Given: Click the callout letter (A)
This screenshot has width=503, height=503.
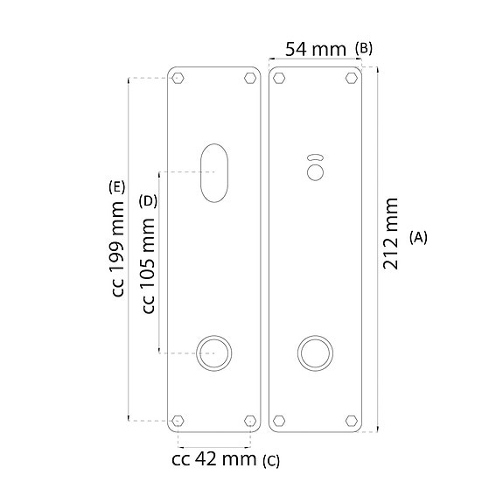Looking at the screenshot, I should point(418,237).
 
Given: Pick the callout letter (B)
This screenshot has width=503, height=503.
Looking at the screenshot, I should point(364,48).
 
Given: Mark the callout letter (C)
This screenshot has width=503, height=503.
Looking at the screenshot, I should point(271,459).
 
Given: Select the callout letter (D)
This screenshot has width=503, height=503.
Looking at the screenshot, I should point(148,200).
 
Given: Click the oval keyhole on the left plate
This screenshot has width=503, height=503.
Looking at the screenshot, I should point(213,171).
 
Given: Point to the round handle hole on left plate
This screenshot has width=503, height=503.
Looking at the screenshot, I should point(213,353).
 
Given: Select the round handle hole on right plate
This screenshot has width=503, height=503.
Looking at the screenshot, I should point(315,353).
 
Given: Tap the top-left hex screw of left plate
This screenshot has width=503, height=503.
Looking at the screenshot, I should point(178,79).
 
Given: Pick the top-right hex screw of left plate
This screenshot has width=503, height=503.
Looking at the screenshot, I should point(249,79).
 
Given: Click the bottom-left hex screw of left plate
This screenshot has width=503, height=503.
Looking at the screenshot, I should point(178,419).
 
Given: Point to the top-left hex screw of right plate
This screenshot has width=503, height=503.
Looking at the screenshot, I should point(280,79).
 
